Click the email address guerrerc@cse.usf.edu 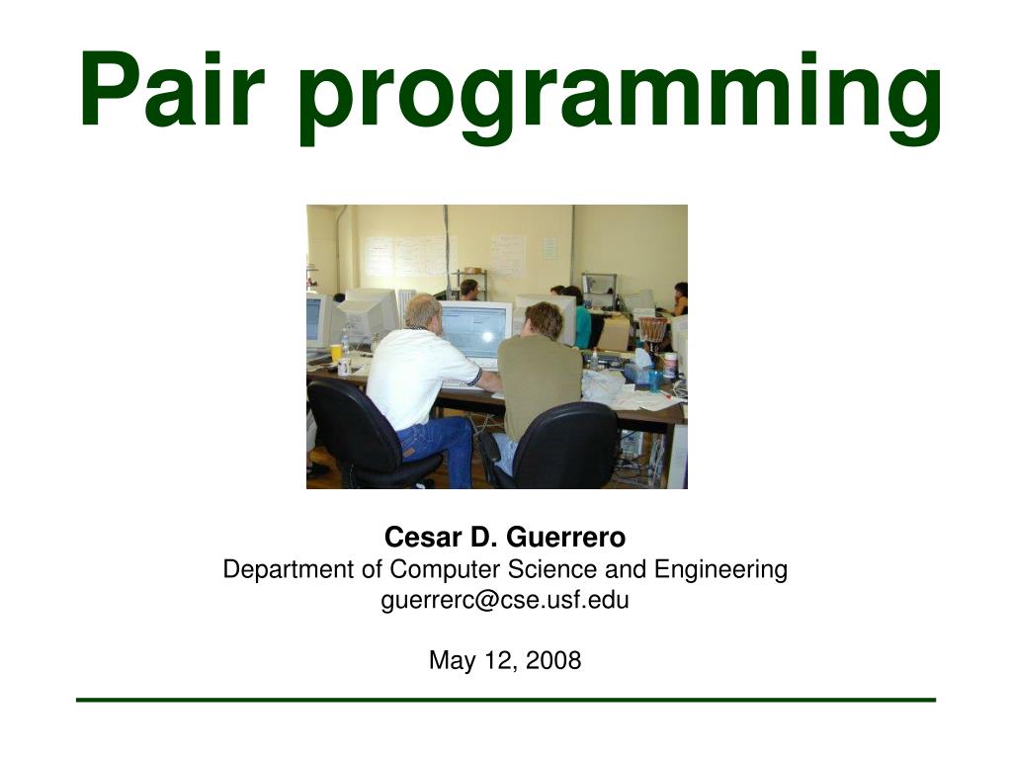pyautogui.click(x=505, y=599)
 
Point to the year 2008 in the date pyautogui.click(x=553, y=660)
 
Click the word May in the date pyautogui.click(x=448, y=660)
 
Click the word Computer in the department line pyautogui.click(x=446, y=569)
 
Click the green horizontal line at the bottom pyautogui.click(x=505, y=700)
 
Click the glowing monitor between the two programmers pyautogui.click(x=476, y=332)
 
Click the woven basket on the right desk pyautogui.click(x=653, y=329)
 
